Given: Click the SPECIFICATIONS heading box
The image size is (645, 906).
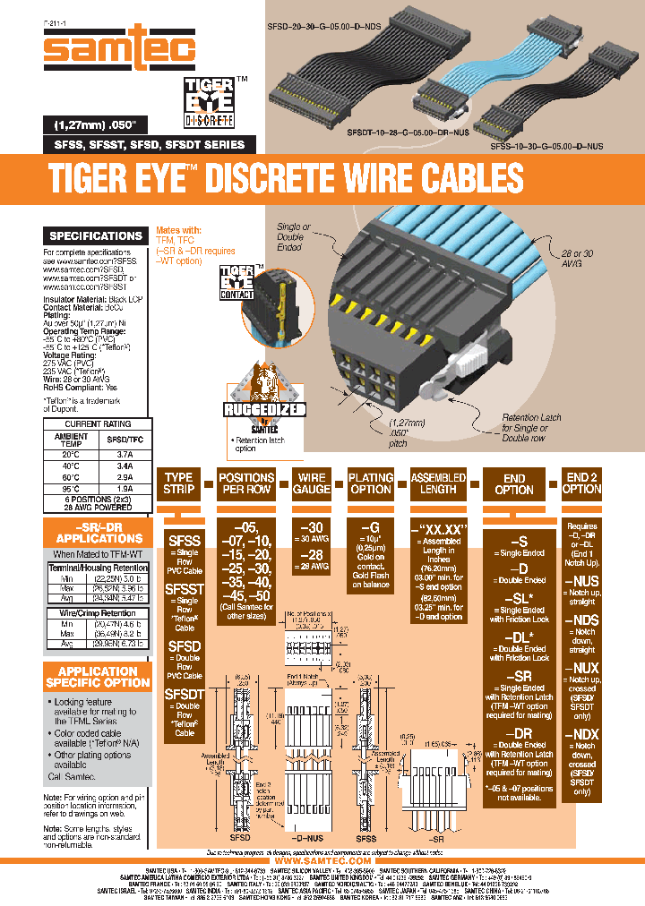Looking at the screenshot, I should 96,236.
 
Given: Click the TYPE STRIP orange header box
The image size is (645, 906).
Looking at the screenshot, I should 179,484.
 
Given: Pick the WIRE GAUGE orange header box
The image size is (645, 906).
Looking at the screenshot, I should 311,484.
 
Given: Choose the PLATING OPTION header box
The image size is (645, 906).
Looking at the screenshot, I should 371,484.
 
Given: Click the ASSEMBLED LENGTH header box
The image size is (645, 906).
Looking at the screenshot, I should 438,484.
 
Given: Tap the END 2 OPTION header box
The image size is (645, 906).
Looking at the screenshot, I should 582,483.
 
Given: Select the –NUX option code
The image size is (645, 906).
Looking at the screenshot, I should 581,668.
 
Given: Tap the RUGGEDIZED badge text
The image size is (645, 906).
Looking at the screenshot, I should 265,411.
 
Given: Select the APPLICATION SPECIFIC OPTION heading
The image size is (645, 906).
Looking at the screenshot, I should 98,676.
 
